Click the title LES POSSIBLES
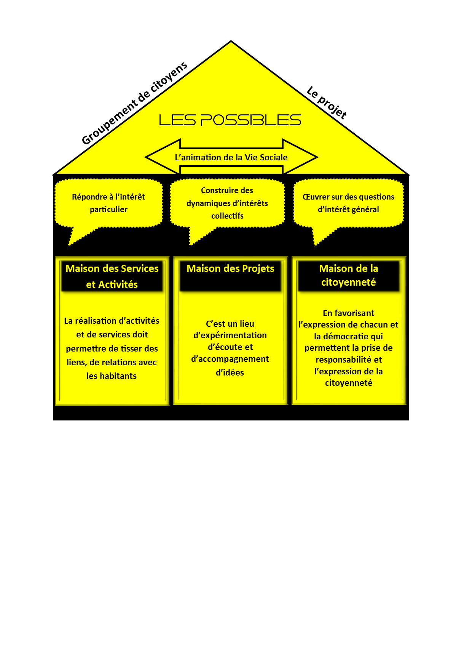(230, 120)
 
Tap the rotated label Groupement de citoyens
(134, 103)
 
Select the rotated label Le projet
(327, 102)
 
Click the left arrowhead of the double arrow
(163, 157)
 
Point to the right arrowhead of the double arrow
(300, 157)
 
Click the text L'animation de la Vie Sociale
(231, 157)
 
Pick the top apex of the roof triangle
(231, 41)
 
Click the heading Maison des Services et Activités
(112, 276)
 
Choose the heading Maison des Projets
(230, 269)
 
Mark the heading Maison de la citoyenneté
(349, 275)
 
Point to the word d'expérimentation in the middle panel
(230, 336)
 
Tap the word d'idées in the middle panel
(230, 372)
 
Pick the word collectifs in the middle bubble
(227, 216)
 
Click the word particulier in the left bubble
(108, 209)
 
